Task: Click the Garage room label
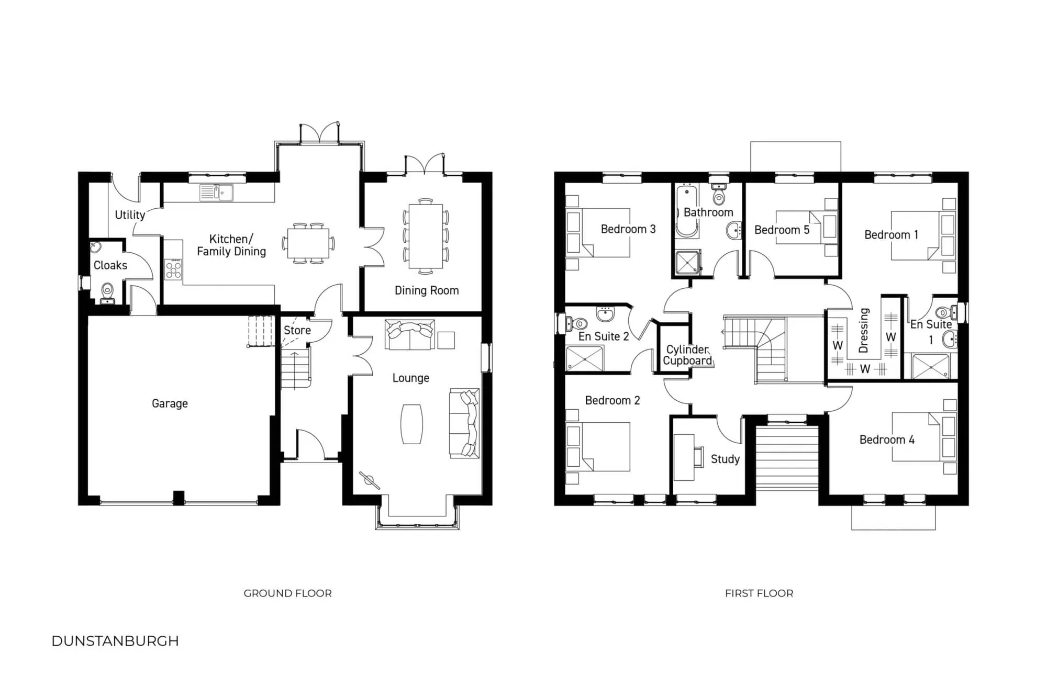coord(170,403)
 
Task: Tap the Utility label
coord(130,215)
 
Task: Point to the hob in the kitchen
coord(173,269)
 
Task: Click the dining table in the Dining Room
coord(426,236)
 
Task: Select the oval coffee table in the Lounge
coord(411,424)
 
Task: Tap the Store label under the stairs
coord(297,330)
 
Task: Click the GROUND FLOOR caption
coord(287,593)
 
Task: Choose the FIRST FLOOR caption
coord(759,593)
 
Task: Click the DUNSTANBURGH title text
coord(115,641)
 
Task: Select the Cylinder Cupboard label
coord(687,355)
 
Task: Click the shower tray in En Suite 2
coord(584,358)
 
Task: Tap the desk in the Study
coord(683,457)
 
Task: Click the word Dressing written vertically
coord(864,330)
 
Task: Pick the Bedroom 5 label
coord(782,230)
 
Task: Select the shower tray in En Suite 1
coord(930,366)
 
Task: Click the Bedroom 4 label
coord(887,440)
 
